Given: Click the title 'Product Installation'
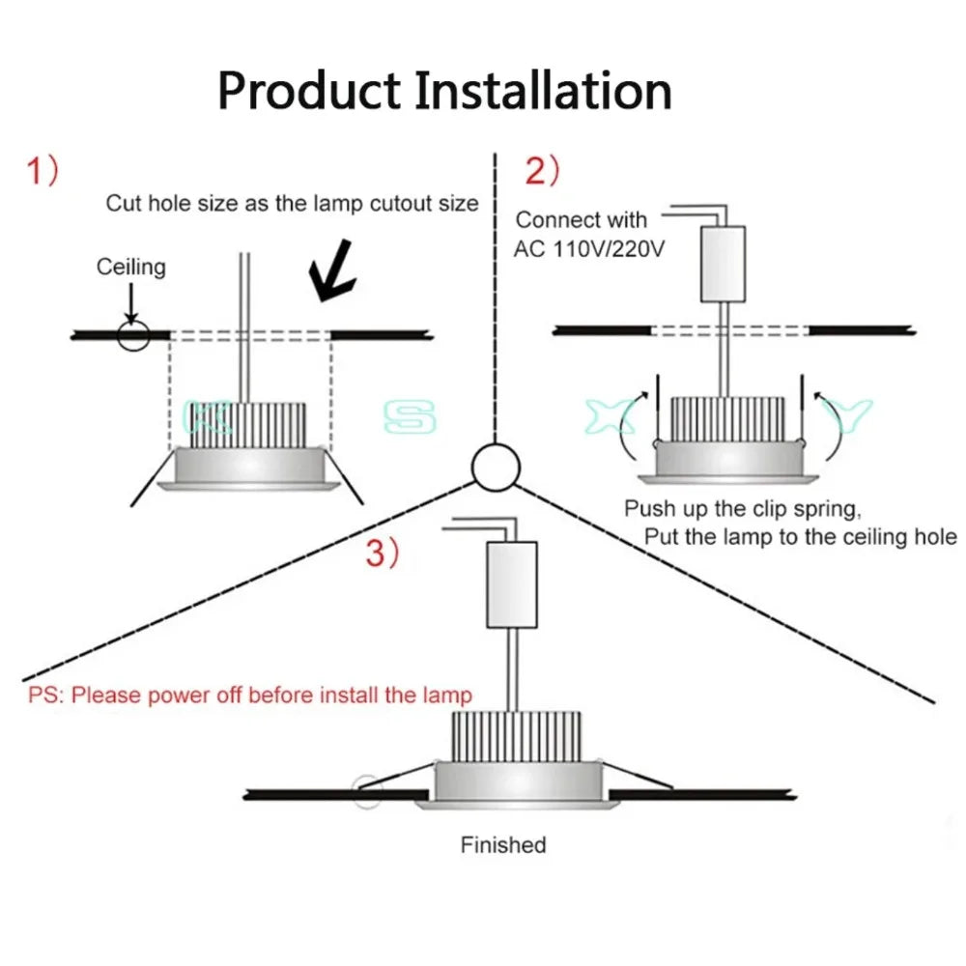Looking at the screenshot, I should pos(444,92).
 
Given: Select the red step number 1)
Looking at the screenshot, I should pos(43,173).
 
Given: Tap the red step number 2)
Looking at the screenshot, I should pos(542,172).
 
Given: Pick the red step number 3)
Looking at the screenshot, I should pos(382,554).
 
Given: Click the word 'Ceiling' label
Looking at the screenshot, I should pos(130,267).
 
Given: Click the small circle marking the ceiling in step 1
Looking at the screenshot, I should pos(133,334).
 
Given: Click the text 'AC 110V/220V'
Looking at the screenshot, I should pos(589,248).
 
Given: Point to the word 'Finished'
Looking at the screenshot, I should pos(502,845).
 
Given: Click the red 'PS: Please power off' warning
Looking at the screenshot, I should pos(250,695).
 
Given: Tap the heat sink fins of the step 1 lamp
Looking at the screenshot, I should pos(249,426).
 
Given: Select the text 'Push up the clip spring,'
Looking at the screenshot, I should pos(741,508).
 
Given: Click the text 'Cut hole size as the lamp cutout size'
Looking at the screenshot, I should pos(292,204).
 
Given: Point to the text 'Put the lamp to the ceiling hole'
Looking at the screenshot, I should pos(800,537).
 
